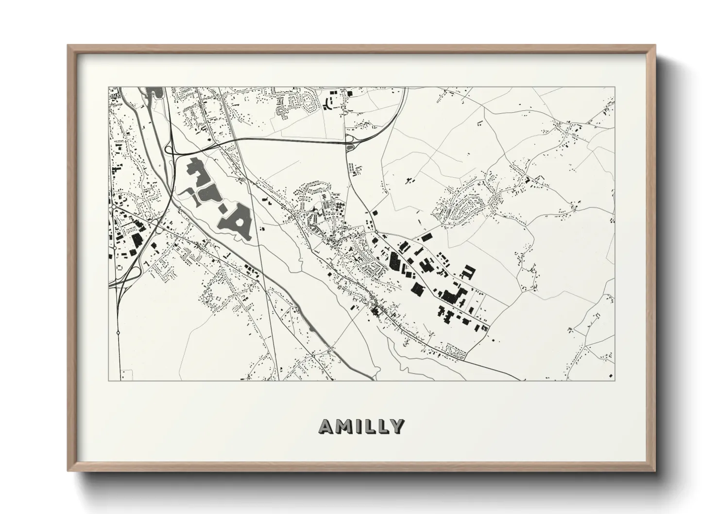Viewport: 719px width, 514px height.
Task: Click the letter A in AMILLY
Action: tap(326, 426)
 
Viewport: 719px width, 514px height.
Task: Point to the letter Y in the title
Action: tap(396, 426)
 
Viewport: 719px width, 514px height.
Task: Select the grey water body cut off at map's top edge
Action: tap(154, 92)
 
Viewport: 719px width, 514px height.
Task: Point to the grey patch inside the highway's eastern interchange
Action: tap(349, 144)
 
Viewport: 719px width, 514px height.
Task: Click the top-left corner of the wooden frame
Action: tap(68, 46)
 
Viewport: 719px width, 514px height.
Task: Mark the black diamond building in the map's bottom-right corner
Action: tap(610, 375)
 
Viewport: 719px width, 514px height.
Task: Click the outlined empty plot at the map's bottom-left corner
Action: tap(127, 375)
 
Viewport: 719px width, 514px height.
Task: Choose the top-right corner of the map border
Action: tap(615, 87)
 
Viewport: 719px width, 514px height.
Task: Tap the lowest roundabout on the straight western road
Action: tap(118, 333)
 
